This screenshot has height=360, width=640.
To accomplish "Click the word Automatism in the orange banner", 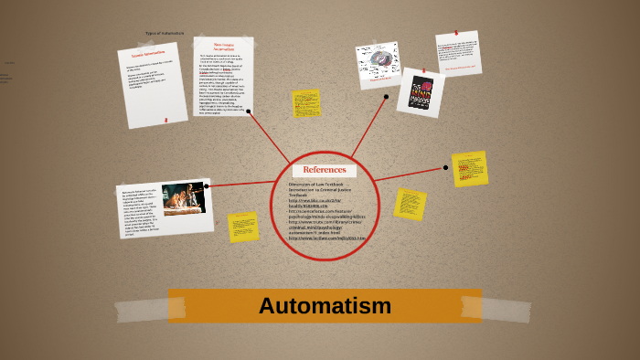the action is click(x=325, y=306).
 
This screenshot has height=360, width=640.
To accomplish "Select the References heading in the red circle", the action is click(x=325, y=170).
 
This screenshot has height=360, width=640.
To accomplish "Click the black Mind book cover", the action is click(x=421, y=92).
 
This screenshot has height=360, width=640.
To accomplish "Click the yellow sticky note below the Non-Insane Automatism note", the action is click(x=306, y=103).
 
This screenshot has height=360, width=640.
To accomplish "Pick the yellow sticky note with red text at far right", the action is click(x=469, y=169).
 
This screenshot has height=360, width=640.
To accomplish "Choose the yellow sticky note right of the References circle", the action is click(x=410, y=204).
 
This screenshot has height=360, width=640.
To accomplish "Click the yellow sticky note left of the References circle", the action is click(x=243, y=227).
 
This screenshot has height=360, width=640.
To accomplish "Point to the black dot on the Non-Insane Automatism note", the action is click(x=248, y=111).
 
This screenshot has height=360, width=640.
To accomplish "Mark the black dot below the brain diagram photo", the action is click(x=386, y=96).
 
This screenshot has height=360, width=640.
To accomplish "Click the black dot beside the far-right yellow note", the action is click(x=445, y=167).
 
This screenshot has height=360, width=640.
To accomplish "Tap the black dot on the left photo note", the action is click(x=207, y=186).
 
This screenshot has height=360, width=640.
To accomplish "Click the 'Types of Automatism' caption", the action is click(x=165, y=34).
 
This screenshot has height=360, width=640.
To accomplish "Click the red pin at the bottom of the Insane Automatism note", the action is click(x=165, y=120).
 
